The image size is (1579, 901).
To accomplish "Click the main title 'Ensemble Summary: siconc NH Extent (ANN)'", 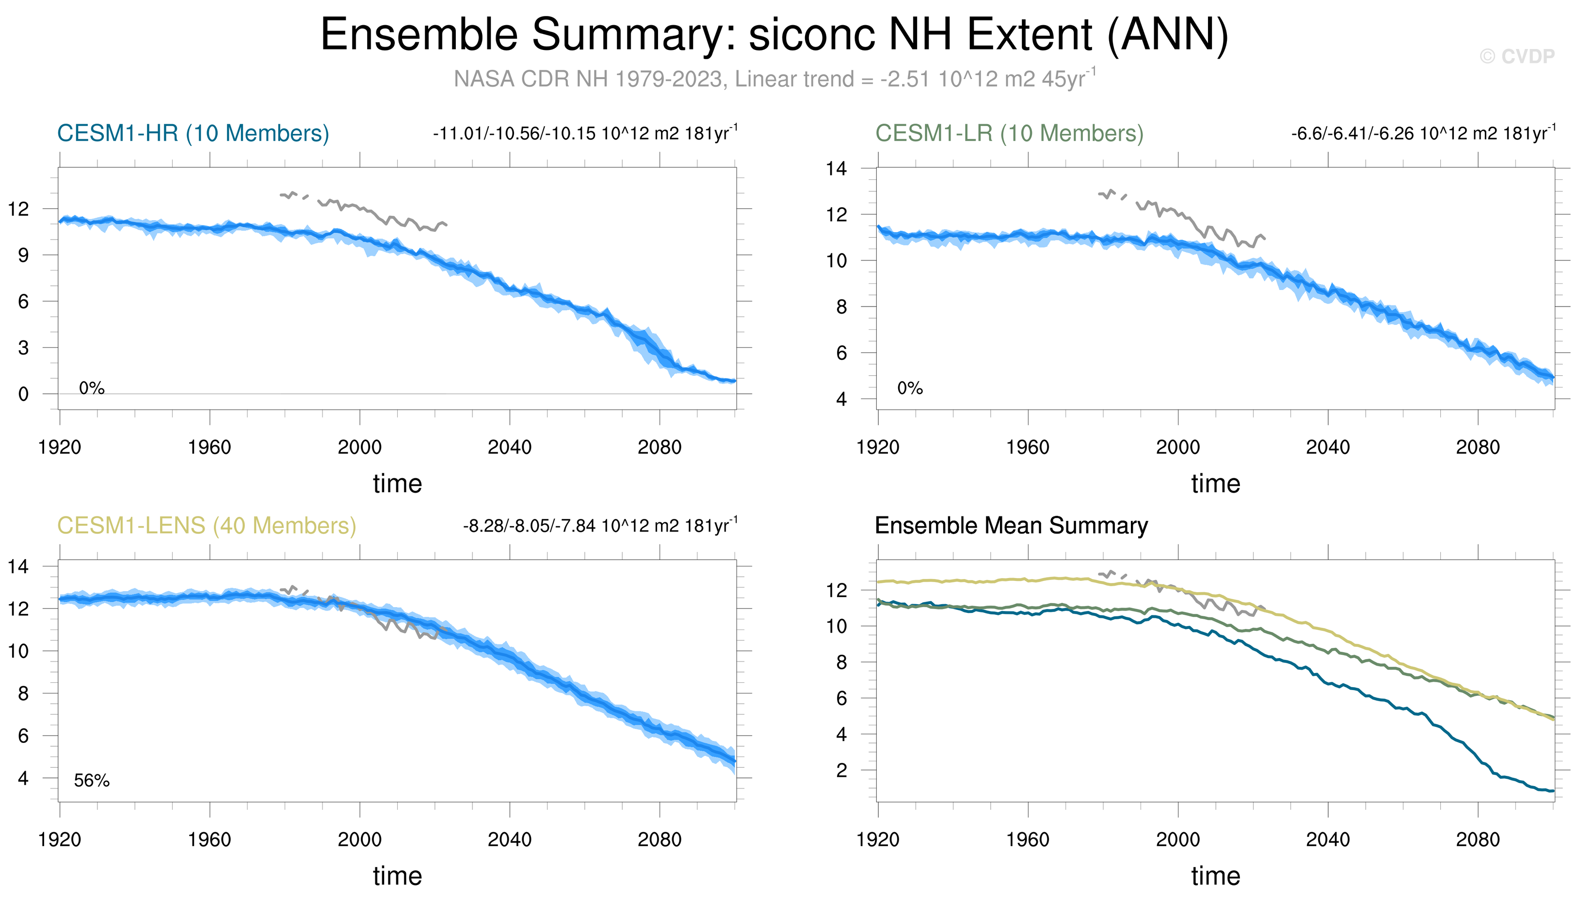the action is [774, 34].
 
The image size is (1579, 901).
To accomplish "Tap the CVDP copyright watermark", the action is [1516, 57].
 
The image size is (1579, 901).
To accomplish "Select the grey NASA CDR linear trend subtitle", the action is [774, 79].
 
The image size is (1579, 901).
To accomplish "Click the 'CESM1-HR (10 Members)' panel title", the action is [193, 133].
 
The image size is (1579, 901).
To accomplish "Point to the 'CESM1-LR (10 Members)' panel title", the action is [1009, 133].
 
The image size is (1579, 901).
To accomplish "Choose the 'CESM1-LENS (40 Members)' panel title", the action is [207, 525].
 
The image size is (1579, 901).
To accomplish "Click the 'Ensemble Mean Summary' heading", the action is [1011, 525].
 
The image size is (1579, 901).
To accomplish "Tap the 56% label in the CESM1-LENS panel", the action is [92, 780].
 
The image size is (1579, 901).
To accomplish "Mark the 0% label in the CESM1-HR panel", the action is [92, 388].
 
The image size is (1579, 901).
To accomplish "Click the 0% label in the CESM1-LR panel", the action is [910, 388].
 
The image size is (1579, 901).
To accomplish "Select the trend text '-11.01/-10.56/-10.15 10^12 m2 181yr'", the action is [585, 133].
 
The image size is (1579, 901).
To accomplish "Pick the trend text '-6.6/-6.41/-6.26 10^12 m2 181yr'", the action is [1423, 133].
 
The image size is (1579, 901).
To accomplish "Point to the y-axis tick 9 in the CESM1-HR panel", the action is [23, 255].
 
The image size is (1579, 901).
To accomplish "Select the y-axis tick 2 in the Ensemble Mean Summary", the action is [841, 771].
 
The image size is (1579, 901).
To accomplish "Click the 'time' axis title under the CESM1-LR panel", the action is [1216, 483].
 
